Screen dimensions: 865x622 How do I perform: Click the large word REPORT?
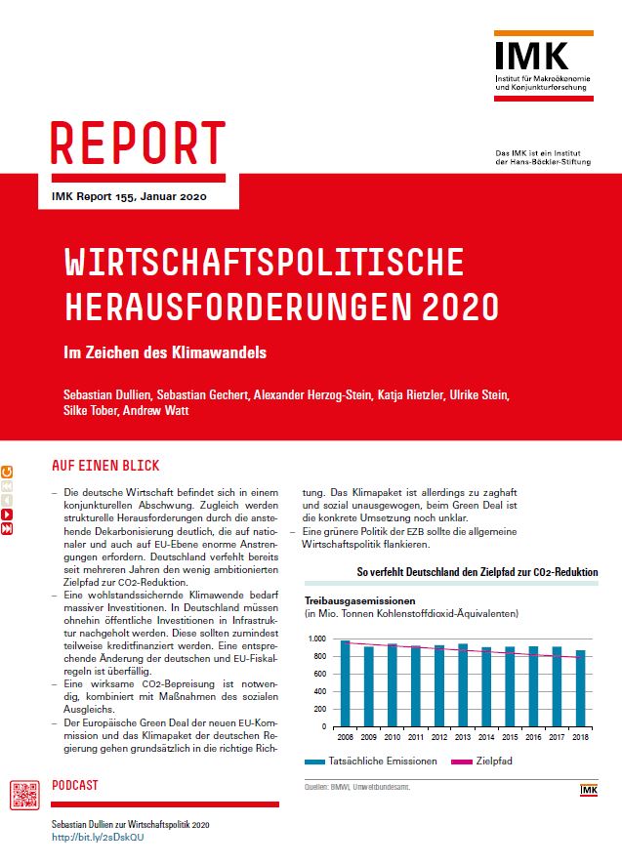[x=138, y=144]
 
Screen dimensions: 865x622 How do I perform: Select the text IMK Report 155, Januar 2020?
[x=122, y=195]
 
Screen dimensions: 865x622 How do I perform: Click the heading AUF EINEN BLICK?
[x=104, y=466]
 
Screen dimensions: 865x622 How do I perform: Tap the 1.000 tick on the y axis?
[x=319, y=638]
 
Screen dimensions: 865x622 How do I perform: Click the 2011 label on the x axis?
[x=416, y=736]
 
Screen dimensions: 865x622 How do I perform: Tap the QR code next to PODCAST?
[x=25, y=797]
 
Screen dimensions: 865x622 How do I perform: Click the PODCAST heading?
[x=75, y=785]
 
